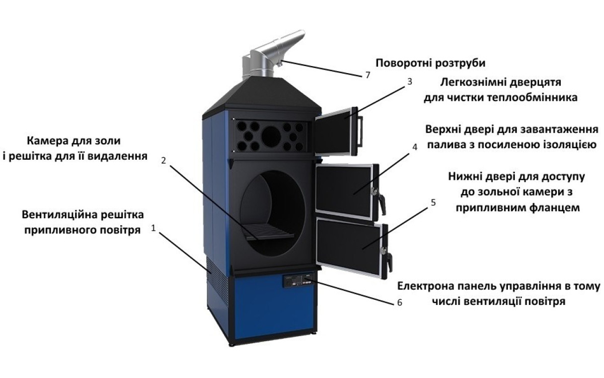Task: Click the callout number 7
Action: click(x=368, y=75)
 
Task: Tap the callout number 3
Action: click(x=410, y=82)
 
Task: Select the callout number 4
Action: click(x=415, y=147)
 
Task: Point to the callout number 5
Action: click(x=433, y=203)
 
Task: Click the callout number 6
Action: click(x=400, y=303)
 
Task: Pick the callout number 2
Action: click(x=164, y=161)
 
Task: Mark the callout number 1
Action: click(x=154, y=228)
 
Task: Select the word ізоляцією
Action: click(x=569, y=145)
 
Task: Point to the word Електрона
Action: click(x=424, y=286)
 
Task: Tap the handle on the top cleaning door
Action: click(x=360, y=131)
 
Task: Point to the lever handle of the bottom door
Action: click(x=390, y=263)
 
